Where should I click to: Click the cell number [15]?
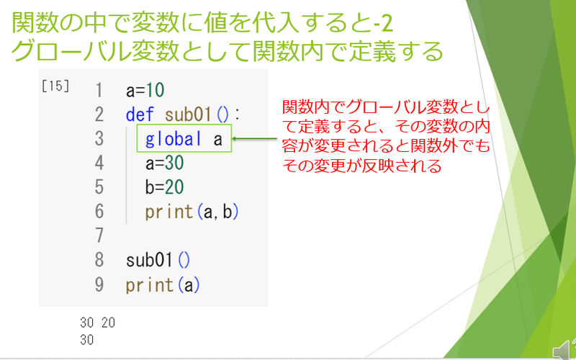coord(55,86)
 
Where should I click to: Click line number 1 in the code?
coord(99,91)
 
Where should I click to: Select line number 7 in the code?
coord(99,235)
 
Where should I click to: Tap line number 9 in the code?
coord(99,284)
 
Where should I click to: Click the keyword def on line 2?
coord(140,114)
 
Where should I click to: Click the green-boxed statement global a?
coord(184,139)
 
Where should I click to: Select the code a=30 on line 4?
coord(164,163)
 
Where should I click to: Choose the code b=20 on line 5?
coord(164,187)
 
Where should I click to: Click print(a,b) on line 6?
coord(192,212)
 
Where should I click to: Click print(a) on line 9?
coord(162,284)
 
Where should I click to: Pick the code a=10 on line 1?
coord(145,91)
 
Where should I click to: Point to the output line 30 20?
coord(97,322)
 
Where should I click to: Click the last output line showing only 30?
coord(87,339)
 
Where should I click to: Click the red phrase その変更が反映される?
coord(361,165)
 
